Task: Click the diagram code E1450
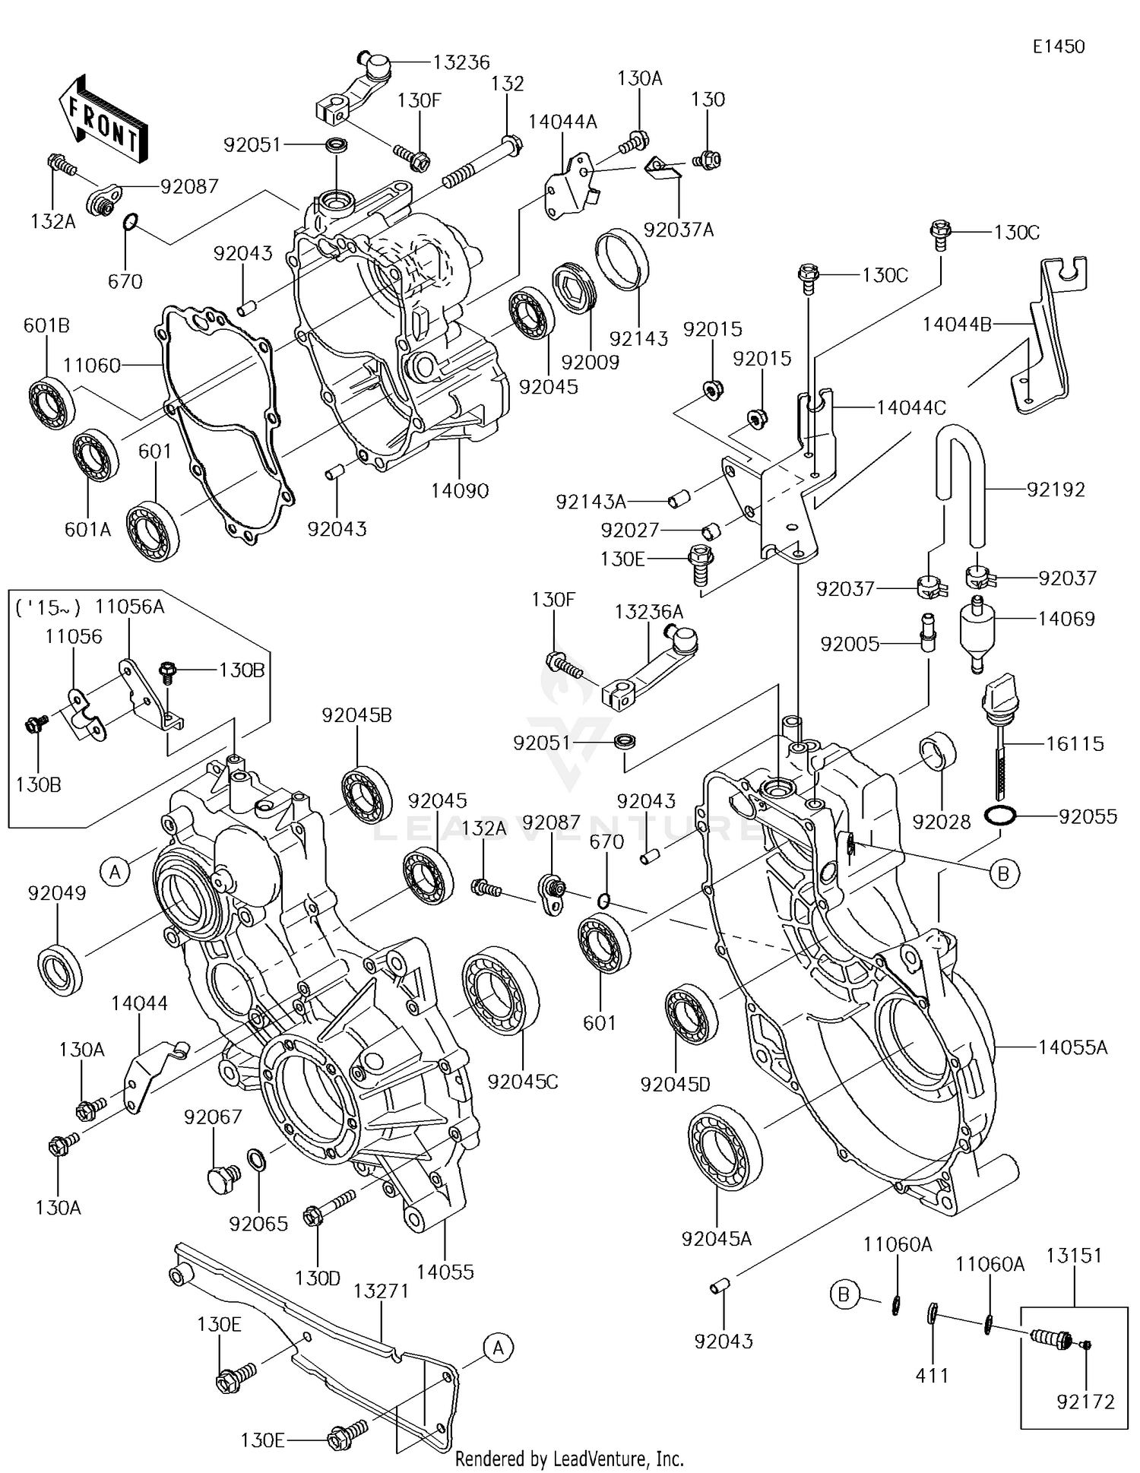tap(1058, 47)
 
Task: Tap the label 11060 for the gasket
tap(91, 366)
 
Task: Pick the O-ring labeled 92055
tap(999, 817)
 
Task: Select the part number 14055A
tap(1072, 1048)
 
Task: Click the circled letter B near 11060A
tap(843, 1293)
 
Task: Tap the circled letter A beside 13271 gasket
tap(498, 1348)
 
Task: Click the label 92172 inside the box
tap(1085, 1402)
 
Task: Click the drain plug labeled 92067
tap(223, 1177)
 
